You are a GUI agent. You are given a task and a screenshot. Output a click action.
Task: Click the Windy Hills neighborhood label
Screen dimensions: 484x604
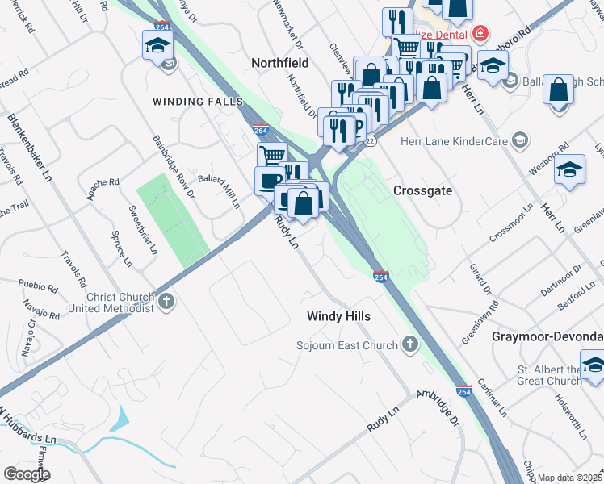coord(338,316)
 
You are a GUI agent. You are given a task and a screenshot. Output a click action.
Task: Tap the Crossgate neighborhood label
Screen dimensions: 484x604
coord(422,190)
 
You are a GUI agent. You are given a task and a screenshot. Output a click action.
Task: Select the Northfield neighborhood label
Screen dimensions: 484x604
coord(280,62)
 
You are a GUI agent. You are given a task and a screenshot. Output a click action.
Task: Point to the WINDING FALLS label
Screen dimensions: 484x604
coord(198,102)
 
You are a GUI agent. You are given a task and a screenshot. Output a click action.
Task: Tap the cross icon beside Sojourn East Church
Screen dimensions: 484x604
coord(411,345)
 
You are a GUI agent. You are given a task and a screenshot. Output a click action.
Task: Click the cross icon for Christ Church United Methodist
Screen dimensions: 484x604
coord(166,302)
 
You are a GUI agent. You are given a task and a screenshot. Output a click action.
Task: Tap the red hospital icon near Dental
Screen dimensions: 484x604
coord(481,33)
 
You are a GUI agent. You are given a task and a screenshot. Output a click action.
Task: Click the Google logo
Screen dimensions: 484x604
coord(27,474)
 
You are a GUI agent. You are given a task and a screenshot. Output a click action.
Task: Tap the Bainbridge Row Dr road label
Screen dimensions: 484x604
coord(173,166)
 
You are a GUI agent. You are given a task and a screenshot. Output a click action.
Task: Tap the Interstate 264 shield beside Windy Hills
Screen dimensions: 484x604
coord(382,277)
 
